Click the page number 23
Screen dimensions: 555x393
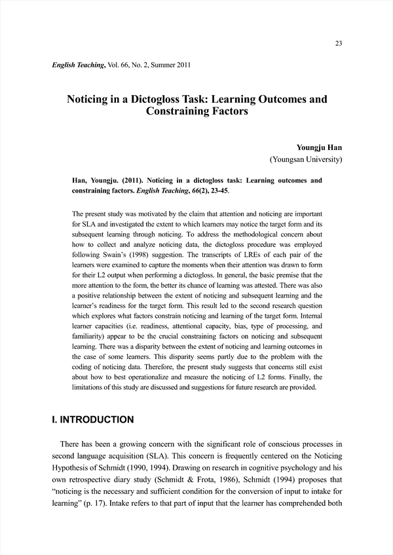pos(339,43)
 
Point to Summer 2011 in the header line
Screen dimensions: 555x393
pos(168,65)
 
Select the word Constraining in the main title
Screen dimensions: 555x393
pos(179,112)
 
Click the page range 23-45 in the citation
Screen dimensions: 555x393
pos(215,191)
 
